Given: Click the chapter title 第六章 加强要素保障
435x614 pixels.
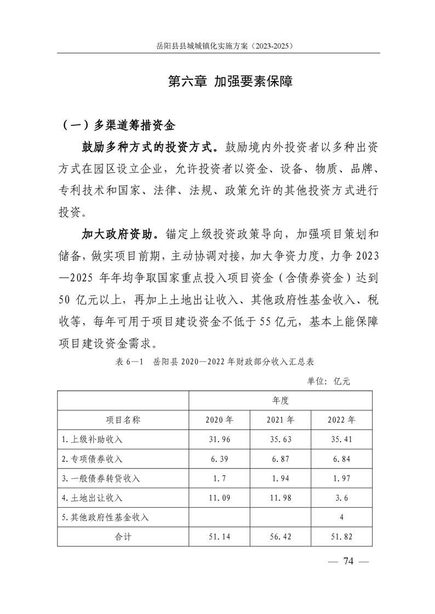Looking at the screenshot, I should (x=230, y=82).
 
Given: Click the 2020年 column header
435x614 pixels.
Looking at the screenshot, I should (x=219, y=420).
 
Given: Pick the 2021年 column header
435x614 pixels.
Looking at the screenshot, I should (x=281, y=420).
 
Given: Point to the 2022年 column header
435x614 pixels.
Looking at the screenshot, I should (x=341, y=420).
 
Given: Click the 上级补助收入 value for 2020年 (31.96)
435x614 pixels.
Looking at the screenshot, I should (x=219, y=439).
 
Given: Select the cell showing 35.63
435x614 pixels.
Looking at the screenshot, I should (x=281, y=439).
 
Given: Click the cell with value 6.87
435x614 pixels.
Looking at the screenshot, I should (x=281, y=459).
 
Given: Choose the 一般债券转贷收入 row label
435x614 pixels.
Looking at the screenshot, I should (x=101, y=478).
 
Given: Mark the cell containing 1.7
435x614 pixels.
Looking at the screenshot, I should (x=219, y=478).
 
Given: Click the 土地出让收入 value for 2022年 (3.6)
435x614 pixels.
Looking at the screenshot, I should (x=341, y=498).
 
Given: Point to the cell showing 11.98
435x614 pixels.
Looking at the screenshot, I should (x=281, y=498).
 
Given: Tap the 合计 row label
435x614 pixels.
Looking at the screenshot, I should (x=123, y=537).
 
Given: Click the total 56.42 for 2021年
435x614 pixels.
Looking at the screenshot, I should (x=281, y=537).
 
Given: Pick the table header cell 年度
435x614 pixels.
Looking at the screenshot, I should (x=281, y=400).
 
